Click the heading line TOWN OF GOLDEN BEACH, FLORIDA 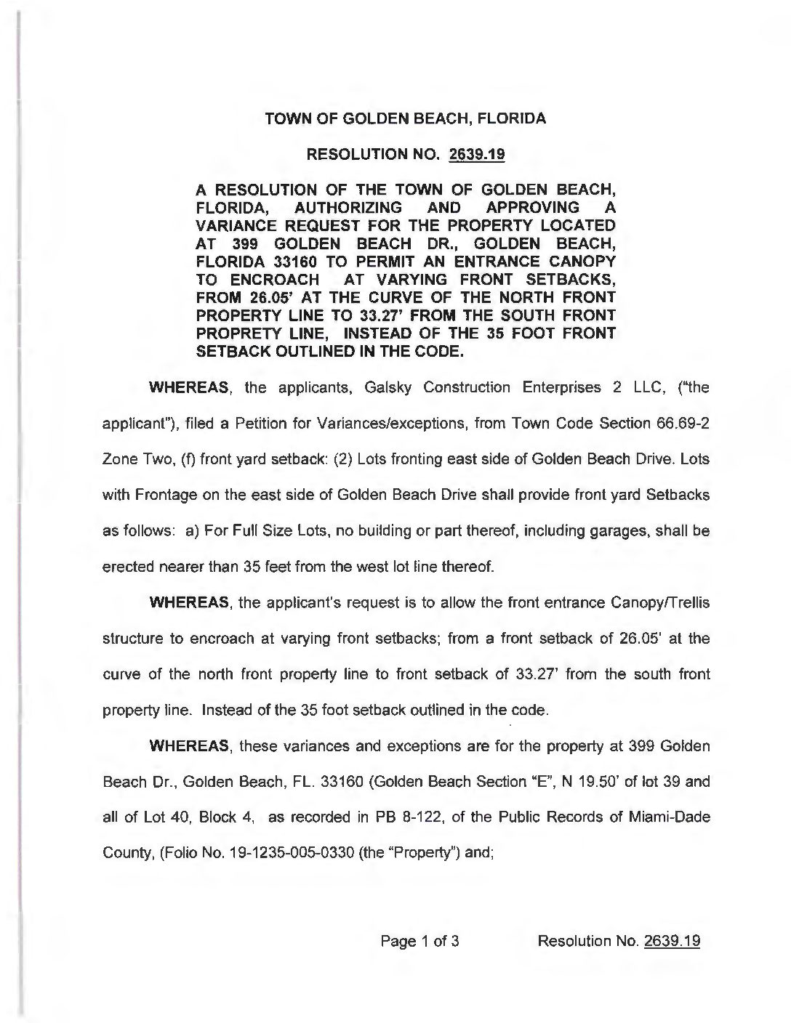(405, 118)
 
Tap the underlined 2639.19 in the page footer (672, 941)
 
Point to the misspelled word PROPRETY (245, 334)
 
